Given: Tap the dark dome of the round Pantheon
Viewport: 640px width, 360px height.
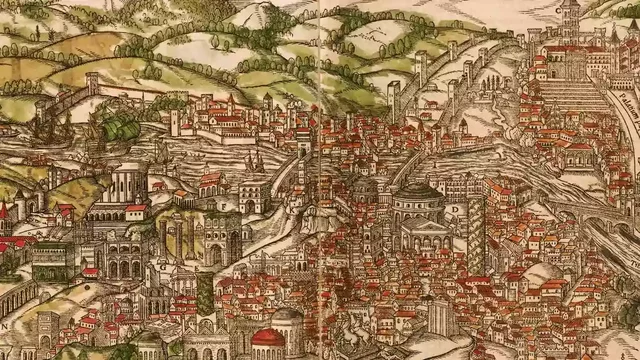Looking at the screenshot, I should (x=420, y=190).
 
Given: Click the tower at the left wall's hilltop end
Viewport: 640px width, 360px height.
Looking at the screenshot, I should (x=92, y=85).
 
